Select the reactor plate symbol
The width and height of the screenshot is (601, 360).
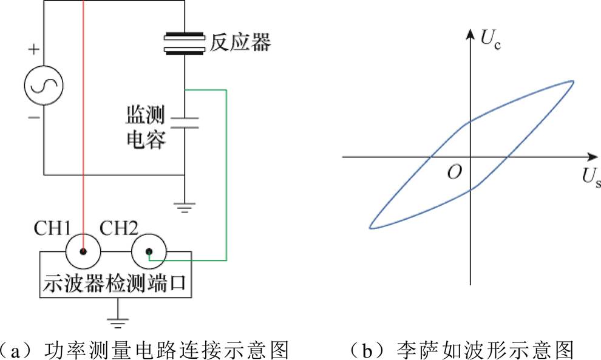point(184,43)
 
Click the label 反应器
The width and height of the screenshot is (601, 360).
point(240,42)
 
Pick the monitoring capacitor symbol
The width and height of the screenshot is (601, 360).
point(184,121)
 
